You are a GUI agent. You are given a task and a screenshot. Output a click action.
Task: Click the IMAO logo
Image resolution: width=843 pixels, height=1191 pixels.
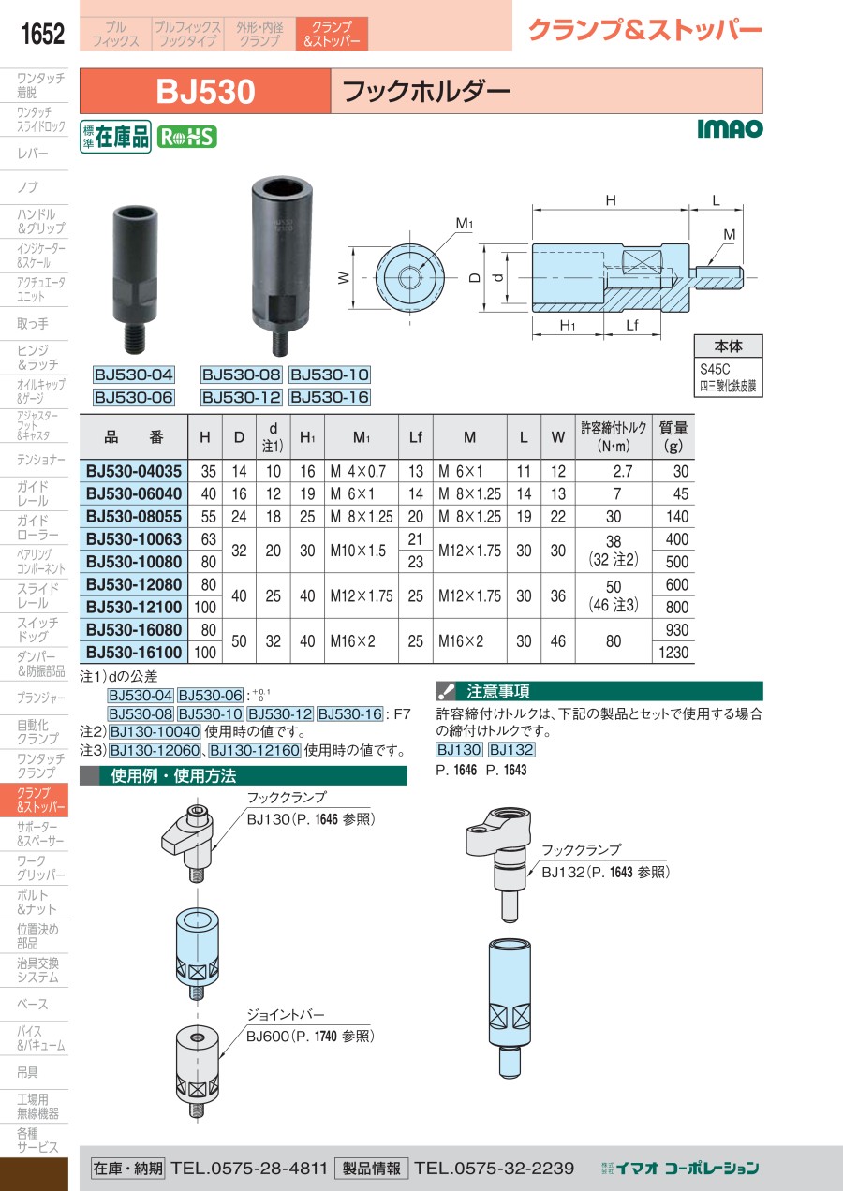point(730,128)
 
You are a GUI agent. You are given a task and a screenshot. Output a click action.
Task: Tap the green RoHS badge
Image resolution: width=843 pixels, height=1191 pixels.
point(186,138)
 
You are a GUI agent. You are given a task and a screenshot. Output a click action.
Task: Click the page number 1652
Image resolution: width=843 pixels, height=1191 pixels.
point(42,34)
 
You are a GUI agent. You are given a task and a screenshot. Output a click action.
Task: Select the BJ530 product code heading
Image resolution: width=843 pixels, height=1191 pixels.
point(205,92)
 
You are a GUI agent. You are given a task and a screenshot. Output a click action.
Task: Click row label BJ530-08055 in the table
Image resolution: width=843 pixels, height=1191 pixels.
point(134,516)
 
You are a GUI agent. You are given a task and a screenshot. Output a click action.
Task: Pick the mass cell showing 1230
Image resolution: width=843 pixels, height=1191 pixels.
point(673,653)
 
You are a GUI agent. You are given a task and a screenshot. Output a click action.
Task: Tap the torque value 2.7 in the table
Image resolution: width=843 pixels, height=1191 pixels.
point(622,471)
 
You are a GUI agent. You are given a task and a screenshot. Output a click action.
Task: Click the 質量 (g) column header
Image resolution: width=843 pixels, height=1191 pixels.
point(673,436)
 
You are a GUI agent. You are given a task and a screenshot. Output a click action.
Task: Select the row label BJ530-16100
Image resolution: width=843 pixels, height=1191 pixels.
point(134,653)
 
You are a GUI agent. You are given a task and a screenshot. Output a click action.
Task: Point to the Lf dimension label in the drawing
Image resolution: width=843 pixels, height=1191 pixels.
point(632,325)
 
